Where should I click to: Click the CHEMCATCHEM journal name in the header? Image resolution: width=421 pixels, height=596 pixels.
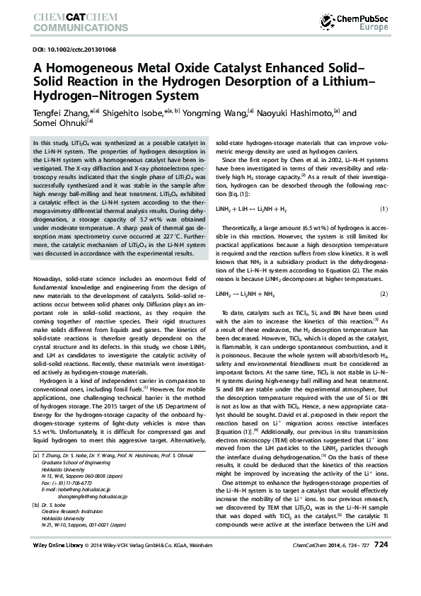click(x=70, y=15)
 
